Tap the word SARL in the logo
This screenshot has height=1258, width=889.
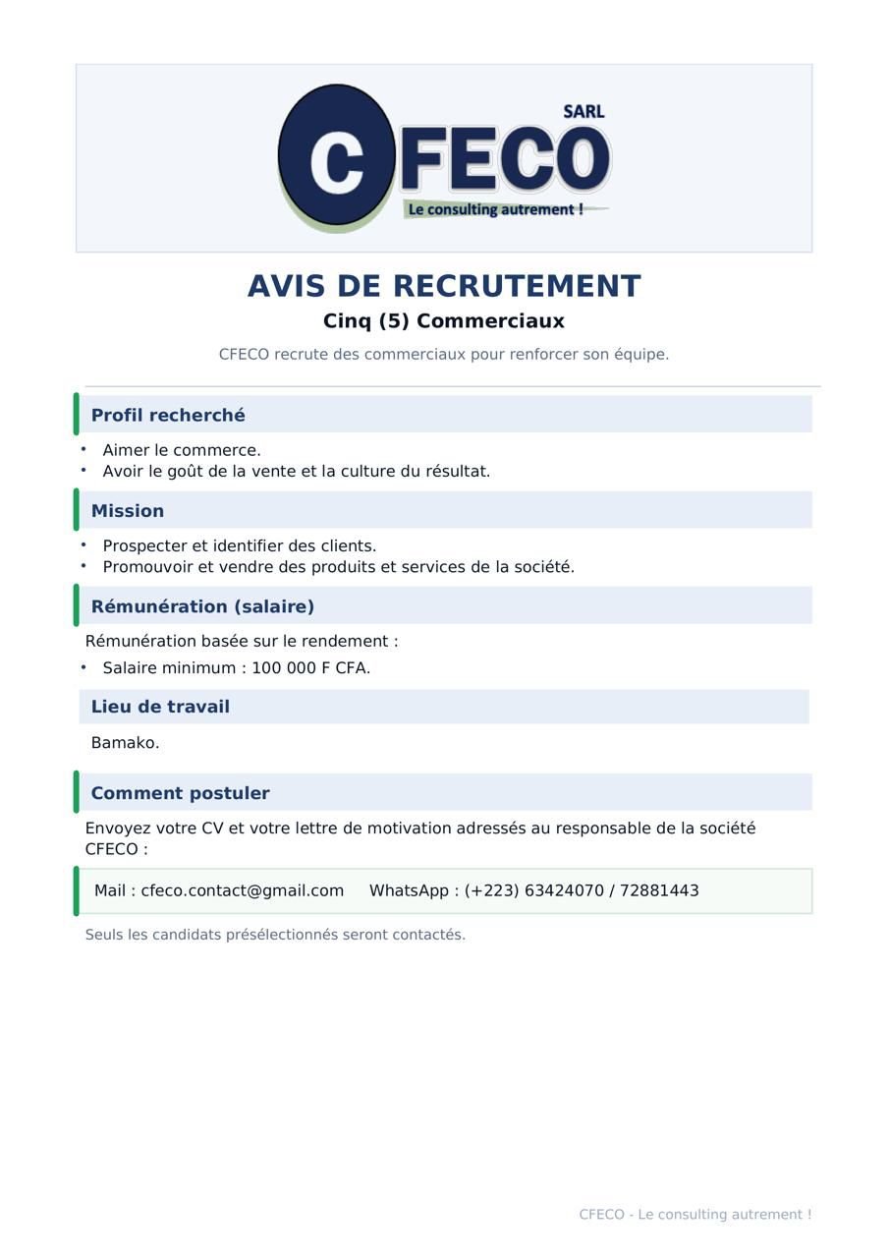click(583, 112)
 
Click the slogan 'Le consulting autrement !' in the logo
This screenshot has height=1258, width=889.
click(496, 209)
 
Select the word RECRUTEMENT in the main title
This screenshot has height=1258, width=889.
click(517, 286)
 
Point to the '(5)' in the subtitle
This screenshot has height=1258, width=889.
click(394, 321)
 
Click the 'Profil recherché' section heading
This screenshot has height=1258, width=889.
click(168, 415)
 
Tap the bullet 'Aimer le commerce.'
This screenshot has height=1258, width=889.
click(182, 450)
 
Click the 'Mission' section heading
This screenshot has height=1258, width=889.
click(128, 511)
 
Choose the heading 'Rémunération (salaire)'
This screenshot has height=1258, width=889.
click(202, 606)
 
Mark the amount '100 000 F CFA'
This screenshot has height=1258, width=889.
click(309, 668)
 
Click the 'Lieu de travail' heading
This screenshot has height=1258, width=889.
click(160, 707)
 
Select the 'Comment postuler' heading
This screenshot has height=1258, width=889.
click(180, 793)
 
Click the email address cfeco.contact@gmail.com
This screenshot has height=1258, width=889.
click(243, 890)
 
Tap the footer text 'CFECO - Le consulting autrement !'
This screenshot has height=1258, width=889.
click(695, 1215)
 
